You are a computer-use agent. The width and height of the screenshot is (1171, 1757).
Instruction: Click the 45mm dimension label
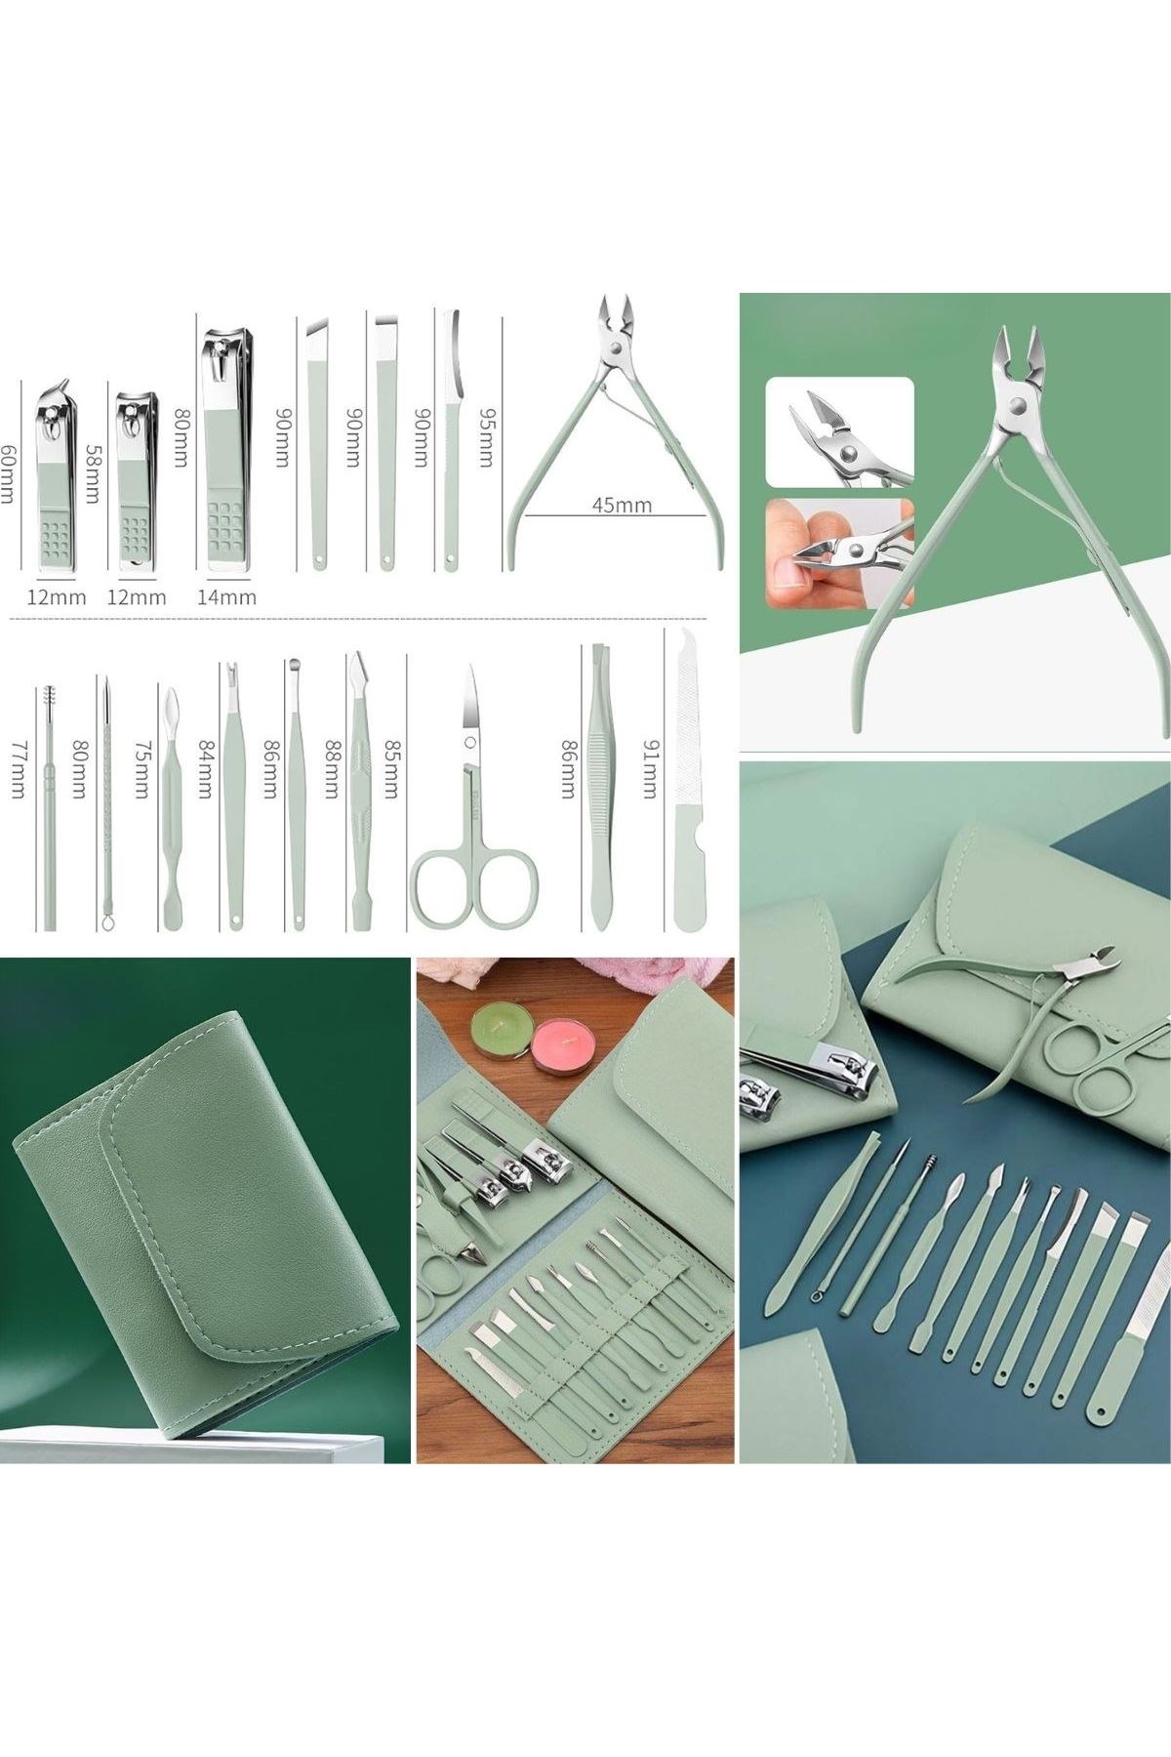pyautogui.click(x=621, y=506)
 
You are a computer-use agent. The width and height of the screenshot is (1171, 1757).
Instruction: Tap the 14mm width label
pyautogui.click(x=226, y=596)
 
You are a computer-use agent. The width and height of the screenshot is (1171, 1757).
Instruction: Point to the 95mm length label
pyautogui.click(x=484, y=436)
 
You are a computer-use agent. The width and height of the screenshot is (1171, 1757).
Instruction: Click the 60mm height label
pyautogui.click(x=10, y=474)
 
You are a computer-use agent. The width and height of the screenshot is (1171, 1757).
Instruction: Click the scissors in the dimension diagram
pyautogui.click(x=475, y=797)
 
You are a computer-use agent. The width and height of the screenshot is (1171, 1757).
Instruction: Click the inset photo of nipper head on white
pyautogui.click(x=840, y=431)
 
